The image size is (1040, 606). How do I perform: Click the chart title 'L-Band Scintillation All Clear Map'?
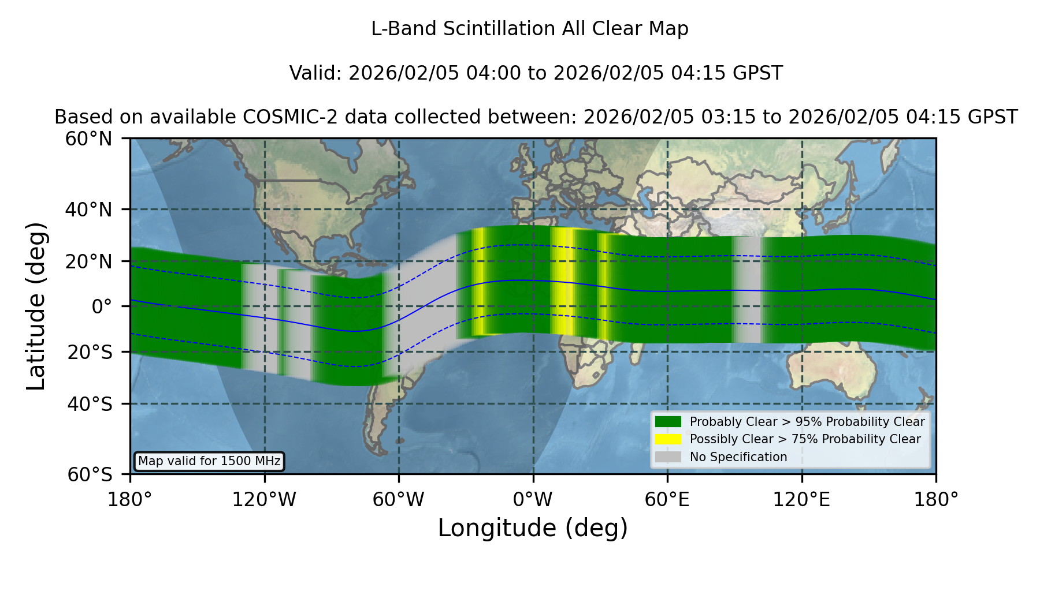(x=529, y=29)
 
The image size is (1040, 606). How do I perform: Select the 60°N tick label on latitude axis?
(x=89, y=139)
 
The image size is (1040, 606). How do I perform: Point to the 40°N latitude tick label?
(x=89, y=210)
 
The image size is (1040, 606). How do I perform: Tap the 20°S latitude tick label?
(x=90, y=352)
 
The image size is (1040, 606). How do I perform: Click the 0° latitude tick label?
(x=102, y=306)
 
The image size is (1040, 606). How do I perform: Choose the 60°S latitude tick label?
(x=90, y=474)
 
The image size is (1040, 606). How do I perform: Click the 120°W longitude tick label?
(x=264, y=500)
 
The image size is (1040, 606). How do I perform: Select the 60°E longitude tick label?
(x=667, y=500)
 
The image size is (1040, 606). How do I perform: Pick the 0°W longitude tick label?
(x=533, y=500)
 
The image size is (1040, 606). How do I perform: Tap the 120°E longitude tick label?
(x=802, y=500)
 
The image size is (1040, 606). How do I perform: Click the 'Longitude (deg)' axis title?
(x=533, y=528)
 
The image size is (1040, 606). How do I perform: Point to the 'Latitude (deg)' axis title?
(x=36, y=306)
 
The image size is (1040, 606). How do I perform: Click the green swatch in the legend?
(x=668, y=421)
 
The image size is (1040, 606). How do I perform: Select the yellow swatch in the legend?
(x=668, y=439)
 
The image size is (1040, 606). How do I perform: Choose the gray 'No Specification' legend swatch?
(x=668, y=457)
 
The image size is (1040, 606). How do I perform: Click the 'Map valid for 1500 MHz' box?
(x=209, y=461)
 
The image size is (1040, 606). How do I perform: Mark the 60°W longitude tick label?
(x=398, y=500)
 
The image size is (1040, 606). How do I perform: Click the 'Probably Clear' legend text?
(x=731, y=422)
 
